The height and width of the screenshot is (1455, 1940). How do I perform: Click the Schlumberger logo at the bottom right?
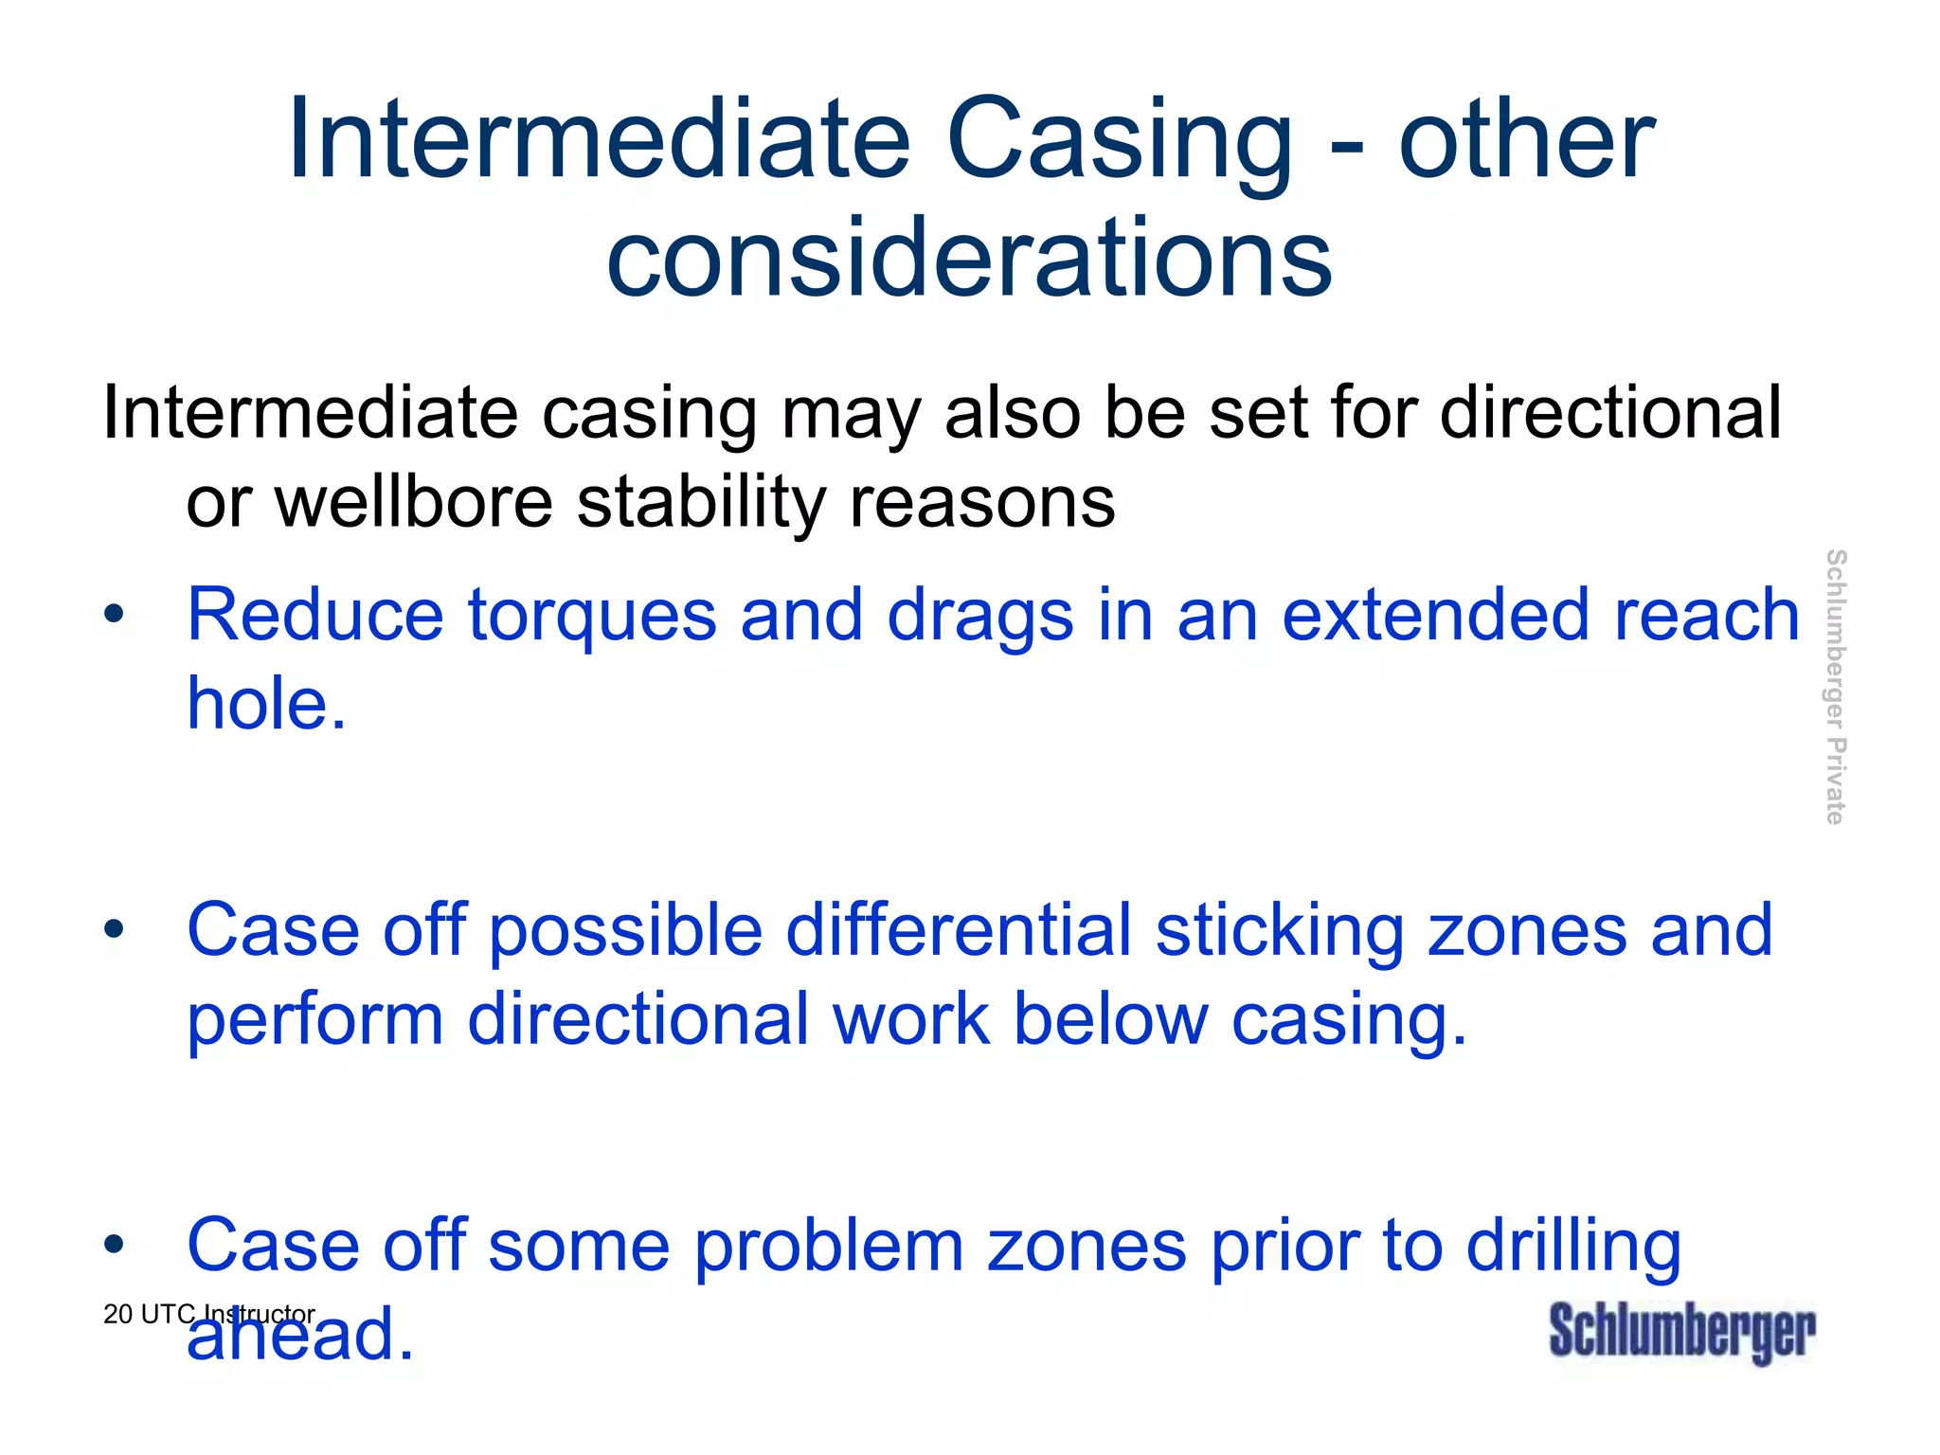coord(1681,1331)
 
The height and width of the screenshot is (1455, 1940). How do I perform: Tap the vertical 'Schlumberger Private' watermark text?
coord(1835,687)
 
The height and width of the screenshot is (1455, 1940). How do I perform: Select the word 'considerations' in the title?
coord(969,258)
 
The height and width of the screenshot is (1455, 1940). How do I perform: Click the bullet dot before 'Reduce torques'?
coord(114,614)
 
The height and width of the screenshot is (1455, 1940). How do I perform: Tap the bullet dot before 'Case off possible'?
coord(114,929)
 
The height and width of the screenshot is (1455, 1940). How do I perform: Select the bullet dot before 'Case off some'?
coord(114,1245)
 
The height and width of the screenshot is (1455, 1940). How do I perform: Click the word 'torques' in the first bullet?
coord(592,616)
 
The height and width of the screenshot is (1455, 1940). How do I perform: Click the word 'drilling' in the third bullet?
coord(1573,1247)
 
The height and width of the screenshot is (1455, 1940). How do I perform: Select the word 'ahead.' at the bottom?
coord(300,1335)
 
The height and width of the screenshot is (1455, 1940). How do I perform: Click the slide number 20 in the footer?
coord(117,1315)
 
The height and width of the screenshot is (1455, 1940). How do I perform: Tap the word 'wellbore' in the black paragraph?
coord(413,502)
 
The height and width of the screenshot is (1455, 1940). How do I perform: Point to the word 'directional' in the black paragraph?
coord(1610,413)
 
